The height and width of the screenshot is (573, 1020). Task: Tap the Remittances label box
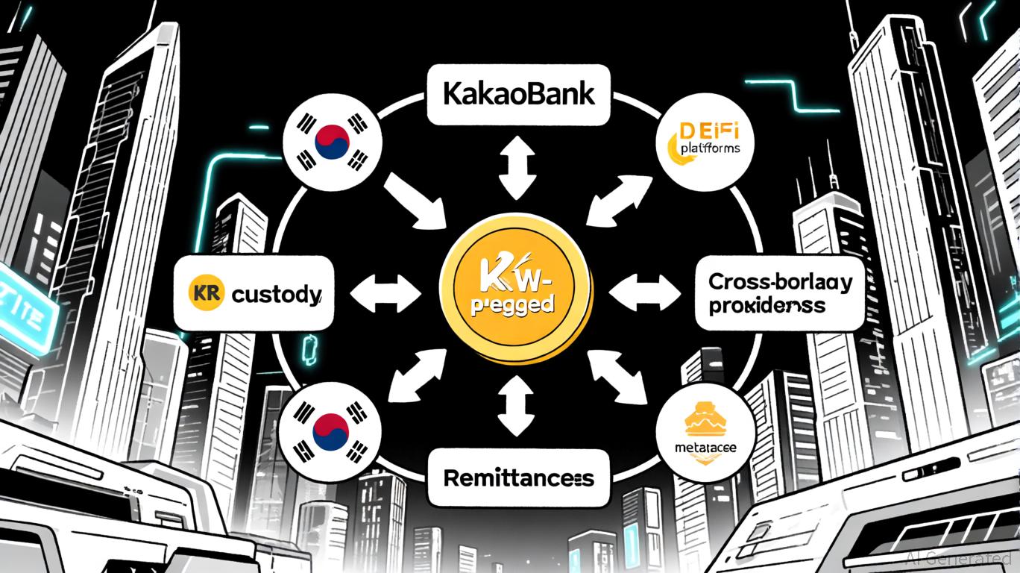(x=518, y=477)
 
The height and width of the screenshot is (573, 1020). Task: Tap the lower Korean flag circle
(x=333, y=430)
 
